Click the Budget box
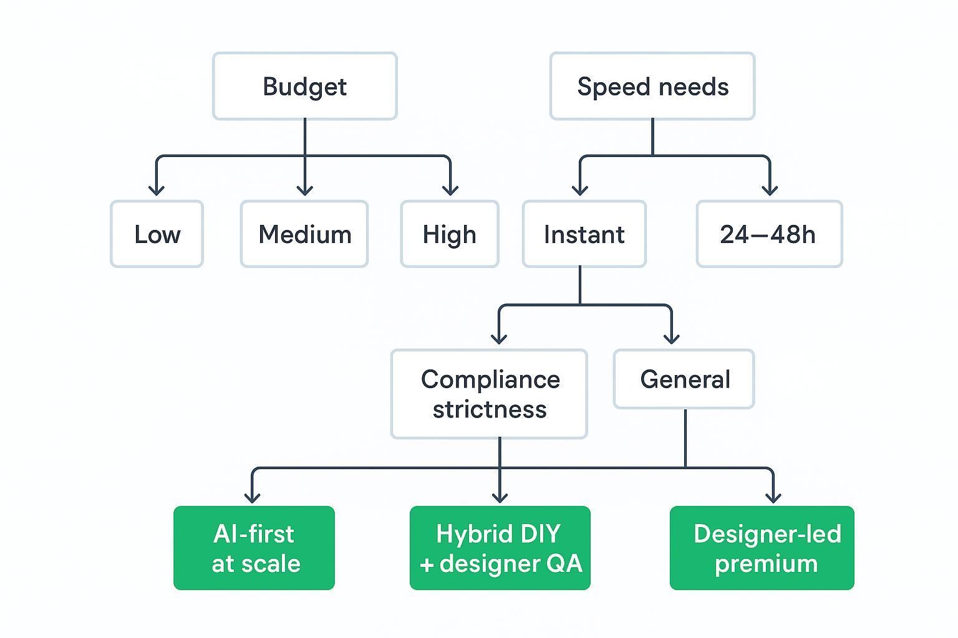point(304,86)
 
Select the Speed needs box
point(652,86)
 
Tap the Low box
point(157,234)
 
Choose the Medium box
point(304,234)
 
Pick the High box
point(450,234)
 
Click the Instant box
point(584,234)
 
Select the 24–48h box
point(769,234)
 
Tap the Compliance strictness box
point(489,394)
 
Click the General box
point(684,379)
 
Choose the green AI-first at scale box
point(254,548)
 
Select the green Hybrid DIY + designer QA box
point(500,548)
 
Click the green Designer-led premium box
point(762,548)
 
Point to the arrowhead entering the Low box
point(157,189)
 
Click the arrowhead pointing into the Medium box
point(304,189)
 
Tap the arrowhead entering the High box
point(450,189)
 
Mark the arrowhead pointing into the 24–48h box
point(770,189)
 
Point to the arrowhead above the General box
point(671,337)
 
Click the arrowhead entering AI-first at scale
point(252,496)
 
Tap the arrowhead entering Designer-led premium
point(773,496)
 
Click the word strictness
point(490,409)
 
